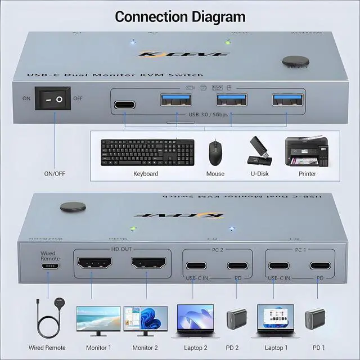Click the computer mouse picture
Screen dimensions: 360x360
pos(214,152)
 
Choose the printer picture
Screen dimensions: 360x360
pos(307,151)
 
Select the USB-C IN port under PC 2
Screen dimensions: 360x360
pos(193,266)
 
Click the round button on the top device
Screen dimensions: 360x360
pos(292,62)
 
